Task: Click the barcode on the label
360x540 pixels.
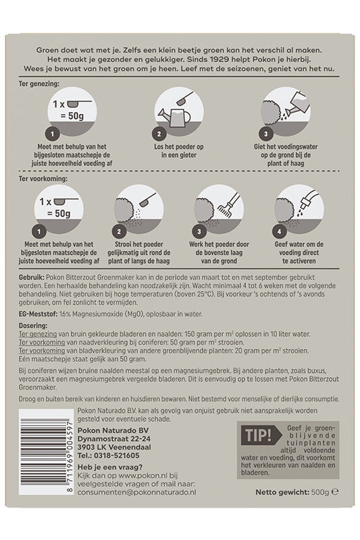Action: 47,452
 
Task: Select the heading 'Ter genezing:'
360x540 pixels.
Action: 39,84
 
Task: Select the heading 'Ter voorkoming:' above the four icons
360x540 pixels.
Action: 43,179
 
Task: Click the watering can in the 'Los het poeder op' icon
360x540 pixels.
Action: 174,116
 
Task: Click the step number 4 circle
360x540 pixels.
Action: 280,232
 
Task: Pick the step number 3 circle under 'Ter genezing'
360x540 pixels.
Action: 265,134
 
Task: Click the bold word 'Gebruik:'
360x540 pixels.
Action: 31,277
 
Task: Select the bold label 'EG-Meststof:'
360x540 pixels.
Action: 38,314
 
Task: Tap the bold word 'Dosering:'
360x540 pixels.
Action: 33,325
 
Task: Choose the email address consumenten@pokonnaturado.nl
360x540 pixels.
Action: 136,493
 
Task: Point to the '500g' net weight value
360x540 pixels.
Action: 320,492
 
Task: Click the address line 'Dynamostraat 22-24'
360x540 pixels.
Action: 113,439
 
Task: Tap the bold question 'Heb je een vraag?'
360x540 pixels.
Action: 110,467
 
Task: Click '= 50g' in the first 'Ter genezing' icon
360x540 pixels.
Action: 72,116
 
